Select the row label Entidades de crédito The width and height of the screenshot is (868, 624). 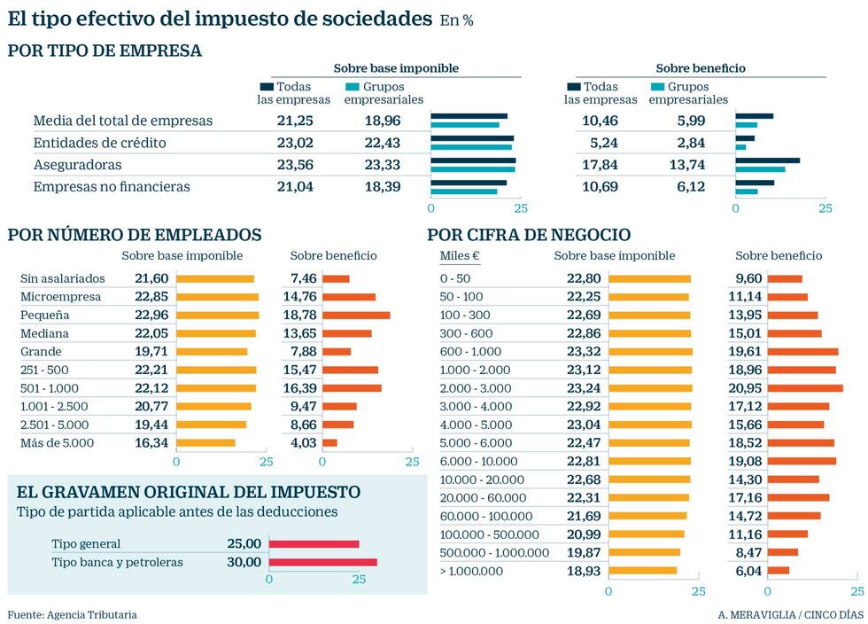click(x=99, y=143)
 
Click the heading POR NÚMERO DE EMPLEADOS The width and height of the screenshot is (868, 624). click(x=135, y=235)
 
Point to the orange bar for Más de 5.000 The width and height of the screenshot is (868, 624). click(x=205, y=442)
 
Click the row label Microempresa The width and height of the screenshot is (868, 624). click(x=60, y=297)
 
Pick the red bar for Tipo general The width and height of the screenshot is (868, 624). click(x=314, y=543)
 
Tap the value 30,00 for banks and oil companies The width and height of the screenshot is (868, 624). click(x=244, y=562)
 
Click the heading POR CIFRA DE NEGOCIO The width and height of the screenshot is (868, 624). click(x=529, y=235)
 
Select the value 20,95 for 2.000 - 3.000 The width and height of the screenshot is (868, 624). click(x=743, y=388)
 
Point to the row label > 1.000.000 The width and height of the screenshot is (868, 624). click(x=471, y=571)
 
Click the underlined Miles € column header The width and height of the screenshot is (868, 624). click(x=460, y=256)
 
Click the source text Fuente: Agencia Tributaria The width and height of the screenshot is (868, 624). click(x=73, y=614)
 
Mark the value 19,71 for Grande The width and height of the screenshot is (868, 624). click(x=151, y=351)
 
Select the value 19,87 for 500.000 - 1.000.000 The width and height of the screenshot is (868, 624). click(x=584, y=552)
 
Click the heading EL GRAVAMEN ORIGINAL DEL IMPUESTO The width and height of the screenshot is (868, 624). click(x=189, y=492)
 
